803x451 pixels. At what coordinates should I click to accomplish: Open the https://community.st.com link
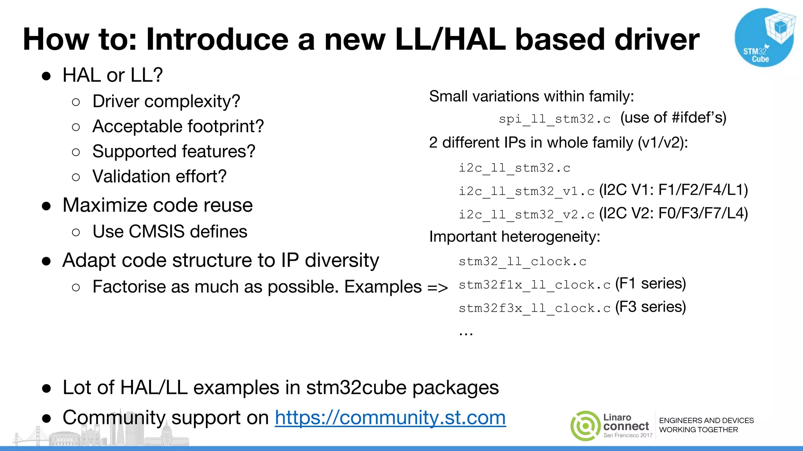click(390, 417)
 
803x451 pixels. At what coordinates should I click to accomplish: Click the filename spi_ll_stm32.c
click(554, 119)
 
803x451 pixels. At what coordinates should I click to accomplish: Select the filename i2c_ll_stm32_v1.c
click(527, 191)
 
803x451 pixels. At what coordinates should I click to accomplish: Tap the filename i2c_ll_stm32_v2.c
click(527, 215)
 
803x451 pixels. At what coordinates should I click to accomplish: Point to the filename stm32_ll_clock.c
click(522, 262)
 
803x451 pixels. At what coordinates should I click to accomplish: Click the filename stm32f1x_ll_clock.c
click(534, 285)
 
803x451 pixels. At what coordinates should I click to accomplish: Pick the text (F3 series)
click(650, 307)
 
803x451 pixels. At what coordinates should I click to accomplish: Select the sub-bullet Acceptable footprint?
click(178, 126)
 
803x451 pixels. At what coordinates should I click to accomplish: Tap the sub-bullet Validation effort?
click(159, 177)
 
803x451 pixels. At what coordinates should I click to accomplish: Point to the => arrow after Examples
click(437, 288)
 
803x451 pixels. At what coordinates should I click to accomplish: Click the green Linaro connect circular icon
click(585, 426)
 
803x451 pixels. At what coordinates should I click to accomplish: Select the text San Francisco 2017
click(628, 435)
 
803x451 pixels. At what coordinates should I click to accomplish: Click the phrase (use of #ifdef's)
click(673, 117)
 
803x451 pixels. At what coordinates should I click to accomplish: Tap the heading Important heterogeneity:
click(514, 237)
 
